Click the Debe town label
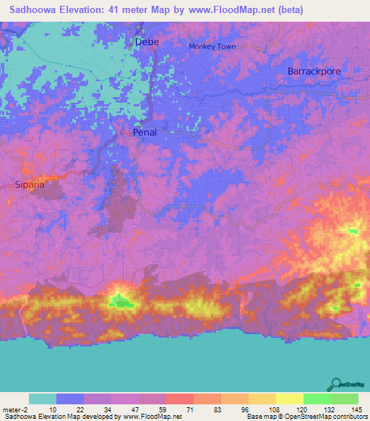pos(147,43)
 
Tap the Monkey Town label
pos(212,47)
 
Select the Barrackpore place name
pos(314,72)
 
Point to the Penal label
pos(145,132)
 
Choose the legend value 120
pos(302,409)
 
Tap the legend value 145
pos(356,409)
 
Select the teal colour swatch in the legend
pos(43,399)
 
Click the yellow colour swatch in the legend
pos(289,399)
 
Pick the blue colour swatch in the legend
pos(70,399)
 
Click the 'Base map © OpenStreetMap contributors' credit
pos(306,417)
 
